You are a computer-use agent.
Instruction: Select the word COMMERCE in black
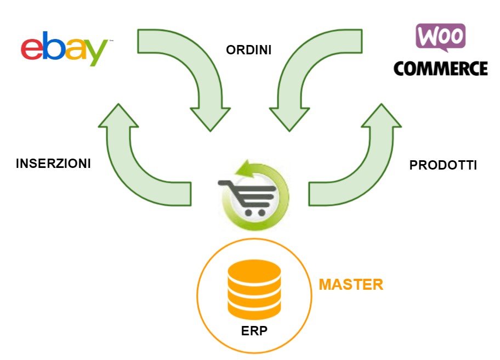(x=440, y=69)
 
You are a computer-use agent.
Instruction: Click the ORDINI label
(x=249, y=50)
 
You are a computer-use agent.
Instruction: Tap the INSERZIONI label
(x=53, y=164)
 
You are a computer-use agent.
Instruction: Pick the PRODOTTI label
(x=443, y=165)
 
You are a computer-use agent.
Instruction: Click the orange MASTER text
(x=351, y=285)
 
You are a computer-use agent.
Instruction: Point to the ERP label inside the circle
(x=254, y=331)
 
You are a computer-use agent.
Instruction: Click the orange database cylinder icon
(x=254, y=290)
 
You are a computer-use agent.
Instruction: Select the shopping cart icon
(x=247, y=195)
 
